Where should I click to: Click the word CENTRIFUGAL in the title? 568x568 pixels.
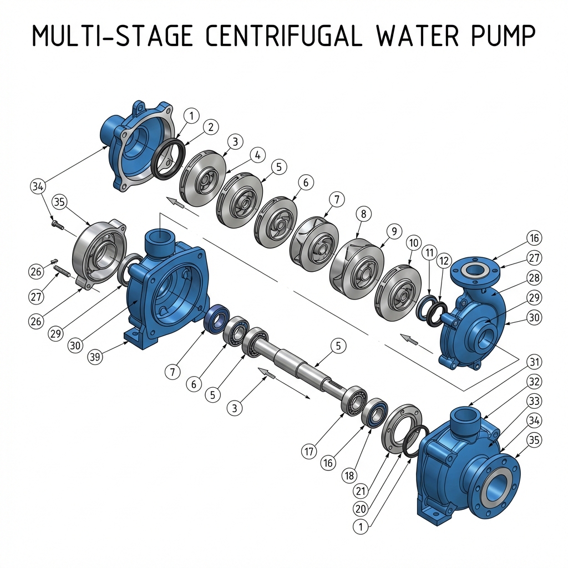click(284, 37)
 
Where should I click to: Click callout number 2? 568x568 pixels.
click(210, 127)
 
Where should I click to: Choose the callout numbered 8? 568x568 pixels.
click(363, 213)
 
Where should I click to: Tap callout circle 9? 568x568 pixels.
click(393, 231)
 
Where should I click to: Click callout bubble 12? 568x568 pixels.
click(443, 260)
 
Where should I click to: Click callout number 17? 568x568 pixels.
click(310, 452)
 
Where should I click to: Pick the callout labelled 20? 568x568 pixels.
click(361, 508)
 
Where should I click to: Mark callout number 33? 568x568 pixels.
click(534, 400)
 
